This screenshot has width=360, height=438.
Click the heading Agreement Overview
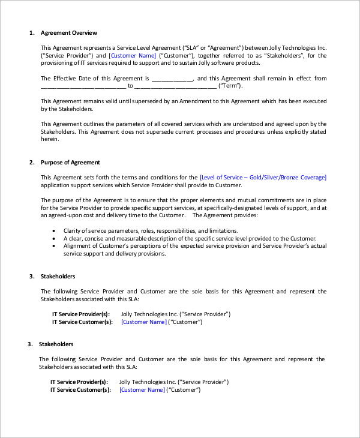pyautogui.click(x=69, y=32)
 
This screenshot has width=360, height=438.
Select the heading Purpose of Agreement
pyautogui.click(x=70, y=163)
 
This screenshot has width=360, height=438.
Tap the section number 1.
pyautogui.click(x=31, y=32)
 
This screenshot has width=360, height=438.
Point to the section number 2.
pyautogui.click(x=31, y=163)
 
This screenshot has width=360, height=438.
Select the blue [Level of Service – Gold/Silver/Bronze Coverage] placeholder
pyautogui.click(x=263, y=177)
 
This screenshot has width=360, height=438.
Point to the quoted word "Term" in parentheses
pyautogui.click(x=231, y=86)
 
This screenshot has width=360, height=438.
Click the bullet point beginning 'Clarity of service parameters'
pyautogui.click(x=55, y=230)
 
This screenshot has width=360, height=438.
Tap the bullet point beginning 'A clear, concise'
pyautogui.click(x=55, y=238)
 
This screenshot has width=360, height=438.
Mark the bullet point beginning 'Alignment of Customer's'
pyautogui.click(x=55, y=246)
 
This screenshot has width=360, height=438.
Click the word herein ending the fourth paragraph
pyautogui.click(x=50, y=139)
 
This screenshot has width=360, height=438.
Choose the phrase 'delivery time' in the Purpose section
pyautogui.click(x=146, y=215)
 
